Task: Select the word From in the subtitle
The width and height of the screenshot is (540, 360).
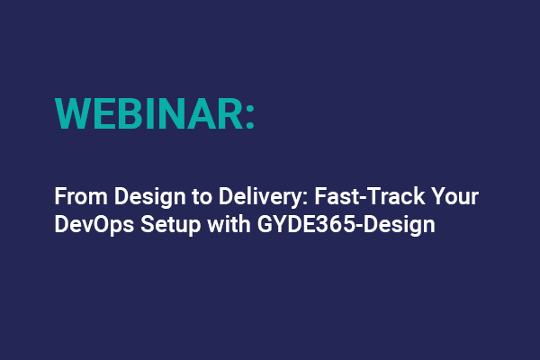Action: point(76,195)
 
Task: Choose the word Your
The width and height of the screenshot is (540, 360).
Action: point(401,195)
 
